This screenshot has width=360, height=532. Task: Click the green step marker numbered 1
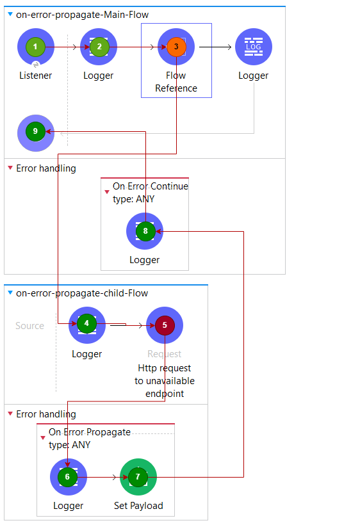coord(35,47)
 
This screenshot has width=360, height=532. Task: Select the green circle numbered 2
coord(99,47)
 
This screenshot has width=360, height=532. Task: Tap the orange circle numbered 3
coord(176,47)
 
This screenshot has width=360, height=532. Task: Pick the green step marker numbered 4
coord(86,323)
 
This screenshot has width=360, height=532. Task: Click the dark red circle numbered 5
coord(165,325)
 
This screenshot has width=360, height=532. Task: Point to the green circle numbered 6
coord(67,477)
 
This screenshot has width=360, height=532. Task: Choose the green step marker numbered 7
coord(138,477)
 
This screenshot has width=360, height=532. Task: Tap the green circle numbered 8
coord(145,231)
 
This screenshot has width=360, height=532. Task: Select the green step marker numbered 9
coord(35,131)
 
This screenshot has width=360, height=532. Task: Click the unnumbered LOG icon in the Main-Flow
coord(254,47)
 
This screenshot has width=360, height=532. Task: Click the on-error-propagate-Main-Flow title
coord(82,15)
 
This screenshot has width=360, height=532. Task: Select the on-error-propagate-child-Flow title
coord(82,293)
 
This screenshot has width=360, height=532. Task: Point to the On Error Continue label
coord(151,186)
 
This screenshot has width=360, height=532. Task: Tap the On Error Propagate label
coord(90,432)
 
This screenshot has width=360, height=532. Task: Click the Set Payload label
coord(138,506)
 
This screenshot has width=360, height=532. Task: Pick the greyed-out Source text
coord(30,326)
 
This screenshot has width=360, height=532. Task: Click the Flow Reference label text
coord(176,82)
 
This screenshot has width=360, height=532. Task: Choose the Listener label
coord(36,76)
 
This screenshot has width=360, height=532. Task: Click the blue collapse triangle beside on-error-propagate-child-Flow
coord(10,293)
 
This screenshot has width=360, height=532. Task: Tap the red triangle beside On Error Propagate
coord(43,438)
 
